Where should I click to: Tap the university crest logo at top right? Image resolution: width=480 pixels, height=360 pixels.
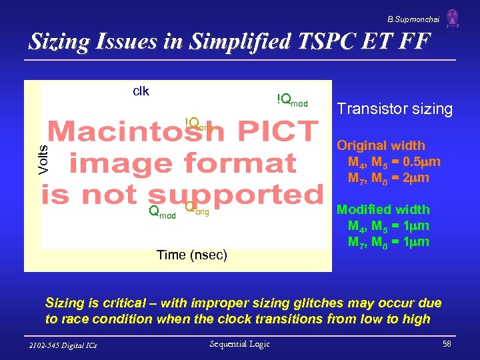click(453, 17)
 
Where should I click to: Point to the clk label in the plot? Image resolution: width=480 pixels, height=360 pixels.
click(141, 91)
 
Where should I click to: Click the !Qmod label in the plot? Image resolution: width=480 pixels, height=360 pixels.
click(292, 100)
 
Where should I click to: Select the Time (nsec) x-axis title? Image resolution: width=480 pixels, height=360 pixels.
click(191, 255)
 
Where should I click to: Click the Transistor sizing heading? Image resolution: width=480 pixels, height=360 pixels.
click(395, 109)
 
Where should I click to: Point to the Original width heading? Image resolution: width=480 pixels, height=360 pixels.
click(381, 145)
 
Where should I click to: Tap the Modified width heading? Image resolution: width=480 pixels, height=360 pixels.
click(383, 209)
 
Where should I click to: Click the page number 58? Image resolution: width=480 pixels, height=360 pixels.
click(446, 344)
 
